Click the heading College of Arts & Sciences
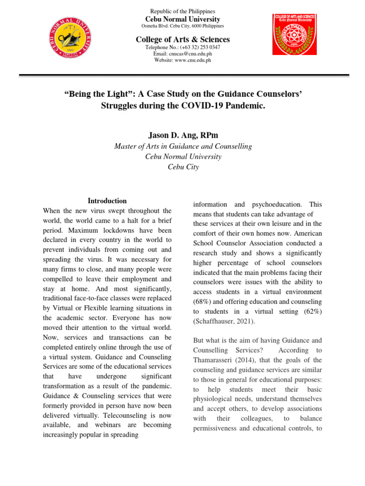coord(182,39)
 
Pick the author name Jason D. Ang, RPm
coord(182,135)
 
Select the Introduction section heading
coord(107,201)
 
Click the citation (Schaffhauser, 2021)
coord(224,321)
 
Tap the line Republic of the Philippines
coord(182,11)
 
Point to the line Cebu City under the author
coord(182,167)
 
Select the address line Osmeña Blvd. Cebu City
coord(182,26)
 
